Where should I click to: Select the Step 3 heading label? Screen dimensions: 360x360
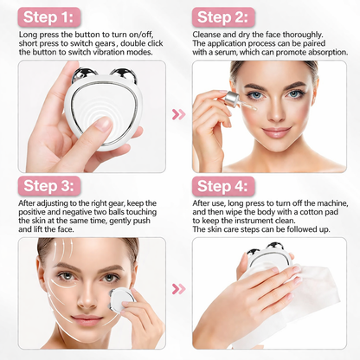(48, 187)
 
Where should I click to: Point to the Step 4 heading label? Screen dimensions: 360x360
(224, 186)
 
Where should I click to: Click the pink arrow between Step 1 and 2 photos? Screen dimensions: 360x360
(179, 114)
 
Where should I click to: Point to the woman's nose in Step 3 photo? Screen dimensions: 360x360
(86, 292)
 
